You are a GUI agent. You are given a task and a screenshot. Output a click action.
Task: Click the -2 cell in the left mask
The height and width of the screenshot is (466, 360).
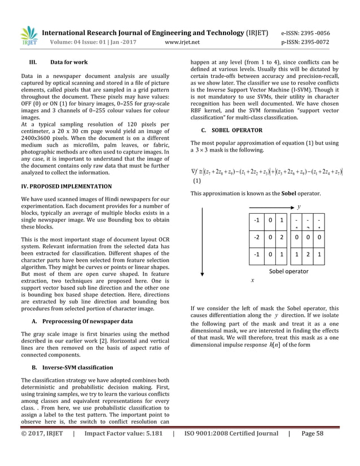click(257, 238)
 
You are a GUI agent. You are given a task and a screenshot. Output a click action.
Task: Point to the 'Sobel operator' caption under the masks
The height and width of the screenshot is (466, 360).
click(288, 271)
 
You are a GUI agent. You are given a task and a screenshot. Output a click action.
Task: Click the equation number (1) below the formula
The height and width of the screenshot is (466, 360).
click(196, 182)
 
